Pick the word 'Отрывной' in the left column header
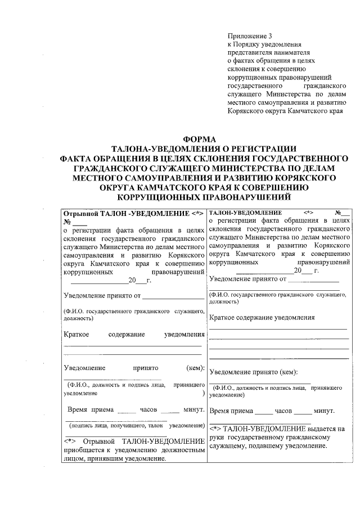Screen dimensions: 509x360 81,214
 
